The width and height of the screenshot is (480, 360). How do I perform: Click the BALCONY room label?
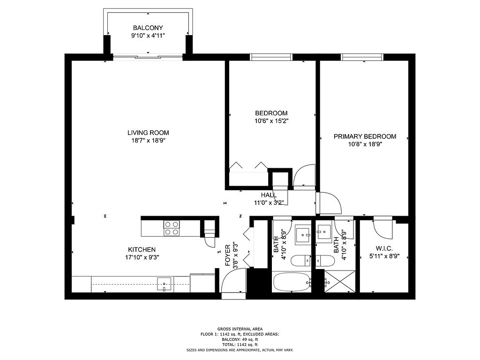(148, 28)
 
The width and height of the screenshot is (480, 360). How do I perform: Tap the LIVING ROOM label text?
(148, 133)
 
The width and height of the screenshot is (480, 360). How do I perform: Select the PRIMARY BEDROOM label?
(365, 136)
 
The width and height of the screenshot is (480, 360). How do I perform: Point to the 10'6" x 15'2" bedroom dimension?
(271, 121)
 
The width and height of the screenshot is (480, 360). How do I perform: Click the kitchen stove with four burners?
(172, 228)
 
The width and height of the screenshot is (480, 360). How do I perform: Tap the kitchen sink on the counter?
(164, 284)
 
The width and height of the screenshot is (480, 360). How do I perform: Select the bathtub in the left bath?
(292, 282)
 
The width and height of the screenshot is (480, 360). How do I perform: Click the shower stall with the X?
(340, 281)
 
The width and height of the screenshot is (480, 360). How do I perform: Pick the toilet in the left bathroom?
(300, 261)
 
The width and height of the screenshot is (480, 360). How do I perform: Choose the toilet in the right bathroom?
(323, 261)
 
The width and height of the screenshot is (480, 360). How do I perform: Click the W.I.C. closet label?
(384, 248)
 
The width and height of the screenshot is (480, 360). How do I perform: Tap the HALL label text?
(269, 195)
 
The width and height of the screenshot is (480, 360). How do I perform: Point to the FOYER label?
(228, 255)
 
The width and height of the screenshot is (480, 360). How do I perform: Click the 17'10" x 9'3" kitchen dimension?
(142, 257)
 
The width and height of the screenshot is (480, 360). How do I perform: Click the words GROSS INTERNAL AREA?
(240, 329)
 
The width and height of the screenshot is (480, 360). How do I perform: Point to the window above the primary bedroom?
(362, 57)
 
